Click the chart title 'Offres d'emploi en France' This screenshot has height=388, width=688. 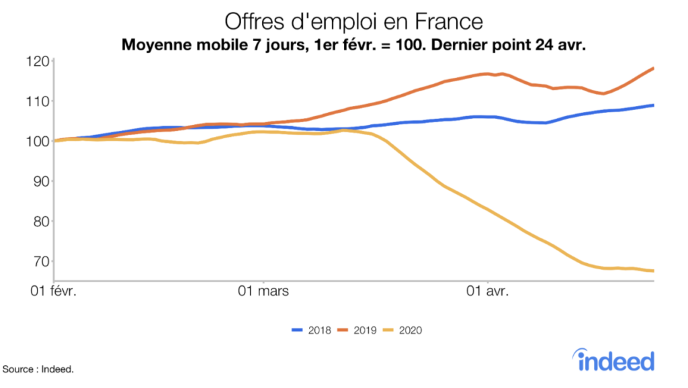click(353, 21)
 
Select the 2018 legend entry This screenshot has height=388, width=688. click(312, 330)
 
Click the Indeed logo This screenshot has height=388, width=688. click(615, 360)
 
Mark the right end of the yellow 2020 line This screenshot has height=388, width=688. click(653, 271)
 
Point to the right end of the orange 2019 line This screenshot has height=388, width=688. click(653, 68)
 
